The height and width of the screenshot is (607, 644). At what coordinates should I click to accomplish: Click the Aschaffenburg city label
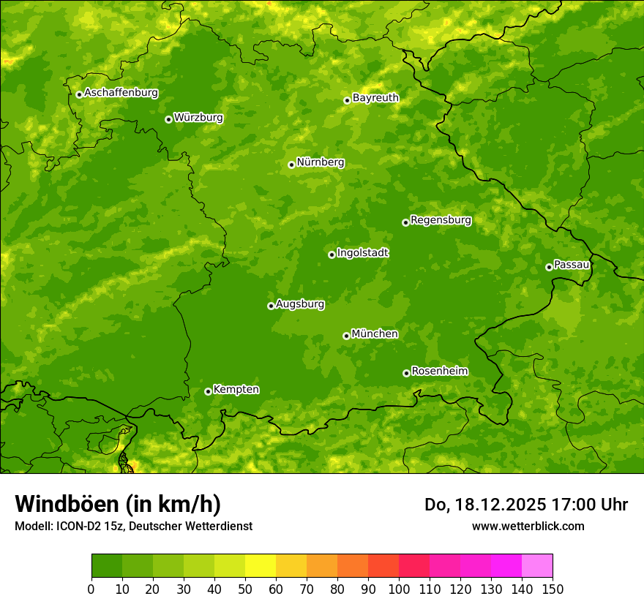pyautogui.click(x=121, y=93)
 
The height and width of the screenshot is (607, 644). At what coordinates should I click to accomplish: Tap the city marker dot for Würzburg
pyautogui.click(x=168, y=119)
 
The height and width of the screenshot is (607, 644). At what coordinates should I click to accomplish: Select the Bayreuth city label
pyautogui.click(x=375, y=97)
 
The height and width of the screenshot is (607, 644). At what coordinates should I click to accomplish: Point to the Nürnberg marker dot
pyautogui.click(x=291, y=165)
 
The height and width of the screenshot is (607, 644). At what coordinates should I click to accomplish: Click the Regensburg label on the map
pyautogui.click(x=441, y=220)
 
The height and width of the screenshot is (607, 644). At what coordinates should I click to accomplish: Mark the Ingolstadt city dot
pyautogui.click(x=332, y=255)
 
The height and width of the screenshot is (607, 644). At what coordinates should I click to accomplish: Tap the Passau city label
pyautogui.click(x=571, y=265)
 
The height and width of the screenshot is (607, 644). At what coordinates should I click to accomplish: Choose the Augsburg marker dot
pyautogui.click(x=271, y=306)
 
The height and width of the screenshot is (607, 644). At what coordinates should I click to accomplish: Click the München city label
pyautogui.click(x=375, y=334)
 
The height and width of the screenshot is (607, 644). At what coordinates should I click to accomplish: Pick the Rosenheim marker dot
pyautogui.click(x=406, y=373)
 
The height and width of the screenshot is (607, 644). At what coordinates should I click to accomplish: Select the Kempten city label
pyautogui.click(x=236, y=390)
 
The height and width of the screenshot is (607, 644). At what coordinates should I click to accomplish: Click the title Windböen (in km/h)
pyautogui.click(x=118, y=504)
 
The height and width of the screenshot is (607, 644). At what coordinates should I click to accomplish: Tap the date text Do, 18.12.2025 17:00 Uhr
pyautogui.click(x=526, y=505)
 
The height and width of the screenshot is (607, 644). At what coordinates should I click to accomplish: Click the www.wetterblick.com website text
pyautogui.click(x=528, y=526)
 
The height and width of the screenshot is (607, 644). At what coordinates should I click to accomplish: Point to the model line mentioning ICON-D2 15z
pyautogui.click(x=133, y=527)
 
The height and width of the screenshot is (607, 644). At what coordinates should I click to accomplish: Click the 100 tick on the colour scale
pyautogui.click(x=399, y=589)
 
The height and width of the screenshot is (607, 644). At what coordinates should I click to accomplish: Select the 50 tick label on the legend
pyautogui.click(x=245, y=589)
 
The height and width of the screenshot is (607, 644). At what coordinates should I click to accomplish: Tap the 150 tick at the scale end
pyautogui.click(x=553, y=589)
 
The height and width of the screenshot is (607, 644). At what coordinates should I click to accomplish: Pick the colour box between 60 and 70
pyautogui.click(x=291, y=566)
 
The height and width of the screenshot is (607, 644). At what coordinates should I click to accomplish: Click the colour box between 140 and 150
pyautogui.click(x=536, y=566)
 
